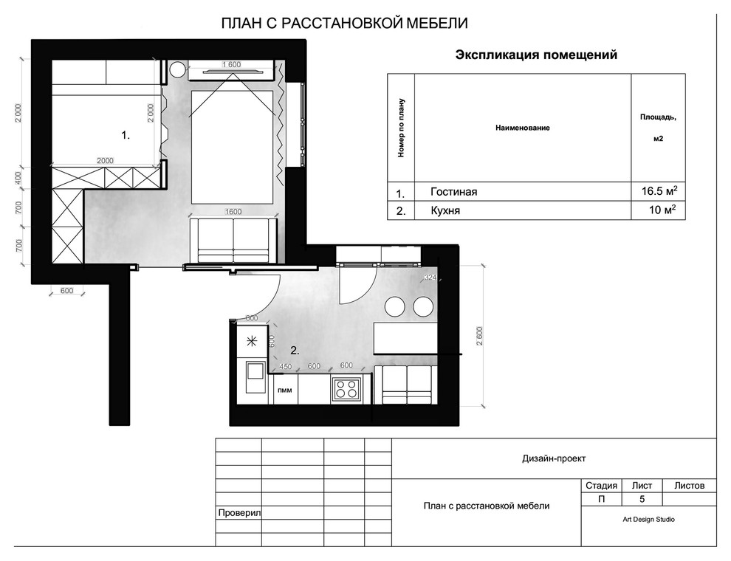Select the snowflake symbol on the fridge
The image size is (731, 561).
coord(251,340)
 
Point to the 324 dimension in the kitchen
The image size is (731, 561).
coord(430,278)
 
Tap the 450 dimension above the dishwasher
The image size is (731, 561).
coord(285,366)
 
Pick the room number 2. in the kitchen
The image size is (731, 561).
coord(294,350)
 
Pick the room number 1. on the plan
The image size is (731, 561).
coord(126,135)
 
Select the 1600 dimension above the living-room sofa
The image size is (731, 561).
coord(233,212)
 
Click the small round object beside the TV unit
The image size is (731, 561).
coord(177,70)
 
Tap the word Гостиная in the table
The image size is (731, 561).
coord(454,192)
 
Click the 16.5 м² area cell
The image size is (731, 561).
coord(659,192)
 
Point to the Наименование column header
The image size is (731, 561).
coord(522,128)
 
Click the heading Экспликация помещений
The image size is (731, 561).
coord(536,55)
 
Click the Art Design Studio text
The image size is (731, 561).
coord(648,519)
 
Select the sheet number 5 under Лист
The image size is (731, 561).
coord(642,500)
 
